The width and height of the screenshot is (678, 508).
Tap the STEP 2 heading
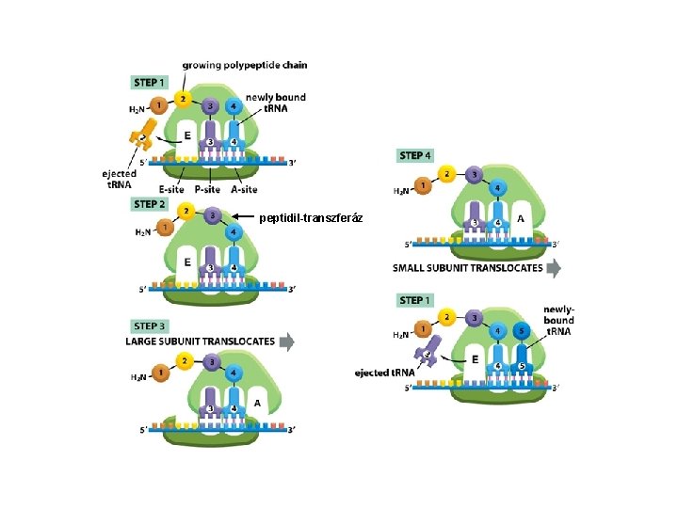coord(151,204)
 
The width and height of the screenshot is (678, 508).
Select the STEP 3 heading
coord(151,326)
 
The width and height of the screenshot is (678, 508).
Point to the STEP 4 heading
coord(416,155)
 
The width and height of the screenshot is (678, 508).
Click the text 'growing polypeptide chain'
coord(244,65)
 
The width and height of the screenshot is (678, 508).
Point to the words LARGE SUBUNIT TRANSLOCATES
coord(200,341)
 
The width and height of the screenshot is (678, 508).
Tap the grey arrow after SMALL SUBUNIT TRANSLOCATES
coord(555,268)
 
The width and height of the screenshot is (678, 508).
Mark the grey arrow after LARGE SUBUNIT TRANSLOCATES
coord(286,341)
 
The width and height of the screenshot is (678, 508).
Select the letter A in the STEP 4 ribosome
coord(522,217)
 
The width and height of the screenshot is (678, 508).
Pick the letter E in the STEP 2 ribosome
coord(188,262)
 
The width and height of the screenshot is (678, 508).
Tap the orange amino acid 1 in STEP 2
coord(164,227)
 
